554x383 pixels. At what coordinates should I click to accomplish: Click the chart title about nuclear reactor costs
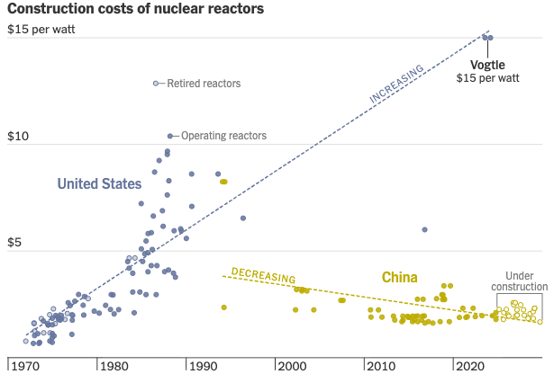(x=135, y=10)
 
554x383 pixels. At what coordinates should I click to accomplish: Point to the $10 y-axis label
(x=20, y=137)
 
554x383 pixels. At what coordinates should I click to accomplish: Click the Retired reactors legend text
(x=203, y=84)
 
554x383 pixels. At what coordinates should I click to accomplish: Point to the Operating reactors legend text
(x=223, y=137)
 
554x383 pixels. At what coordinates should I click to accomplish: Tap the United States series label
(x=99, y=184)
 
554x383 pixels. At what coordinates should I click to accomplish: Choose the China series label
(x=399, y=277)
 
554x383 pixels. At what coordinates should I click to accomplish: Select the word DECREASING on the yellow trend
(x=263, y=275)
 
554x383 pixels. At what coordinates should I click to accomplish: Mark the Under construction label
(x=519, y=281)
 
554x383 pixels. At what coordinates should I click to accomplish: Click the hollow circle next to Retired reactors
(x=156, y=84)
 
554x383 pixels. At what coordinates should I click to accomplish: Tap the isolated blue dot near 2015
(x=424, y=229)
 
